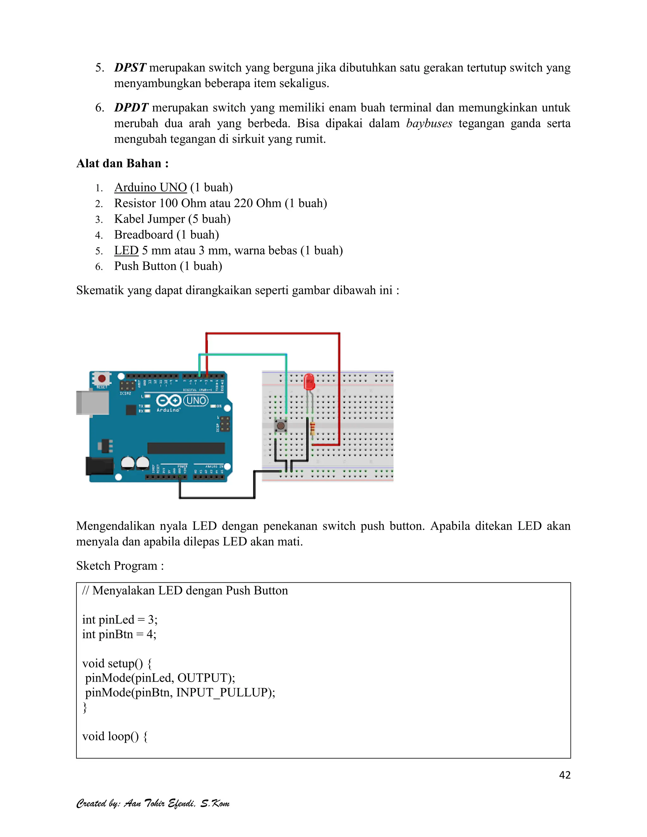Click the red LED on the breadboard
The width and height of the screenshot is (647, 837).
tap(309, 382)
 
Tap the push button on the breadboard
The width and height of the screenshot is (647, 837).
tap(281, 426)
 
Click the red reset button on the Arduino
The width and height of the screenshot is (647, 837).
tap(102, 379)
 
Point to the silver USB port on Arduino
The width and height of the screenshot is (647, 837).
tap(92, 402)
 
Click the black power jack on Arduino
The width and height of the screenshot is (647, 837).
tap(99, 466)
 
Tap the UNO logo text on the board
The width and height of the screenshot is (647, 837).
tap(196, 400)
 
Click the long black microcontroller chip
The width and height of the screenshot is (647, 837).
tap(186, 448)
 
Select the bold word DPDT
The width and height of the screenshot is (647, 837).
tap(131, 108)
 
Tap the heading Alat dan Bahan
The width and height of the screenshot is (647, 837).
tap(122, 164)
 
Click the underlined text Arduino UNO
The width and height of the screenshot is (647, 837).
tap(150, 187)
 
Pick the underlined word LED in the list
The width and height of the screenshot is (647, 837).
tap(126, 251)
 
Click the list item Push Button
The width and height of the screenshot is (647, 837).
tap(168, 266)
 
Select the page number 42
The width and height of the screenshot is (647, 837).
tap(565, 775)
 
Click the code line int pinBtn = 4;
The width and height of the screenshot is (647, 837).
tap(119, 634)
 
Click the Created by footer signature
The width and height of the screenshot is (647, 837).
tap(153, 803)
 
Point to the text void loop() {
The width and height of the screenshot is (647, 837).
tap(115, 737)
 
